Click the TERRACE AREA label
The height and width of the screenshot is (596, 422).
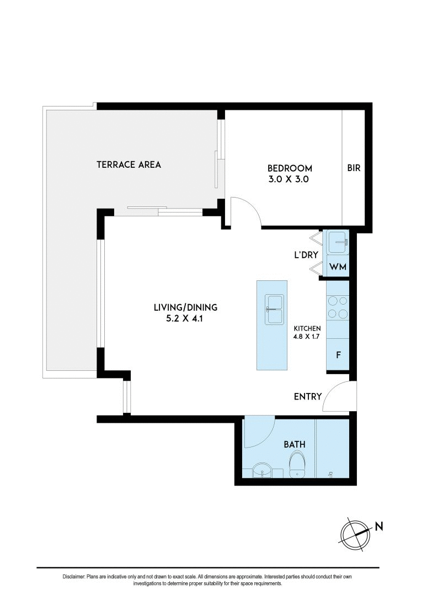(129, 164)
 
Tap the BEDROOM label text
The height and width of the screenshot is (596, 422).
(290, 168)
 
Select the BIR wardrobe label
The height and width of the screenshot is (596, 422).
(354, 168)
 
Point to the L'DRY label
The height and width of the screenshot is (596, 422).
(304, 256)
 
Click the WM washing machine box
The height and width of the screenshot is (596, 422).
(337, 268)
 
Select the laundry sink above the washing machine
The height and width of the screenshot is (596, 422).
(337, 241)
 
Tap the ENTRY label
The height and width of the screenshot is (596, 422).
(308, 396)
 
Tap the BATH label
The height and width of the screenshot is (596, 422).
(295, 444)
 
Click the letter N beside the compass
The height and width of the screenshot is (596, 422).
(379, 526)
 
